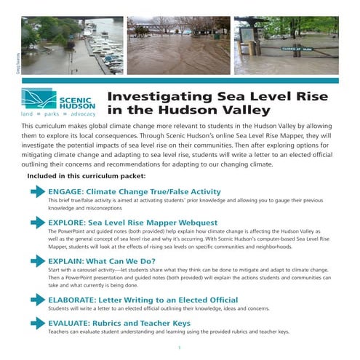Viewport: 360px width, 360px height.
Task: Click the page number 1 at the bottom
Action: (x=179, y=348)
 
